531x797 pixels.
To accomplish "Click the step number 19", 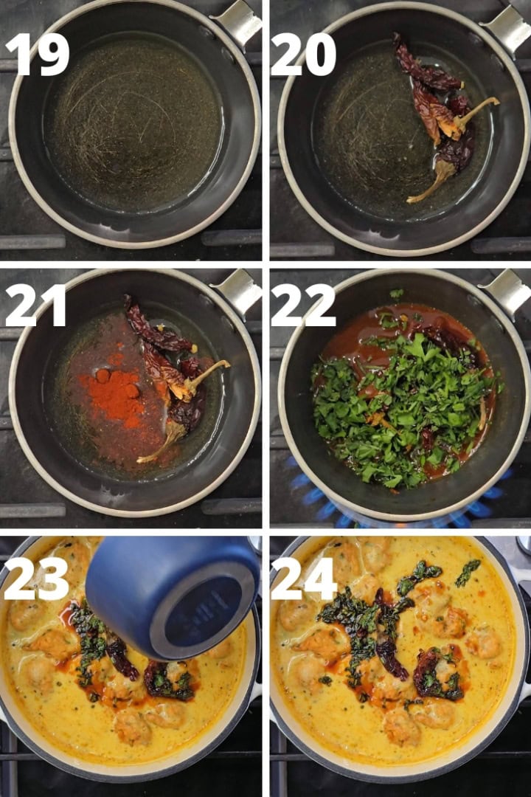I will coord(37,54).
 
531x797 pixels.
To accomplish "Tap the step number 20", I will coord(303,54).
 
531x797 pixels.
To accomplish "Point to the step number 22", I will coord(303,305).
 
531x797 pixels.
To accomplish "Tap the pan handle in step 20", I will coord(507,26).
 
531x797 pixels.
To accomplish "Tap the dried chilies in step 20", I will coord(440,111).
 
